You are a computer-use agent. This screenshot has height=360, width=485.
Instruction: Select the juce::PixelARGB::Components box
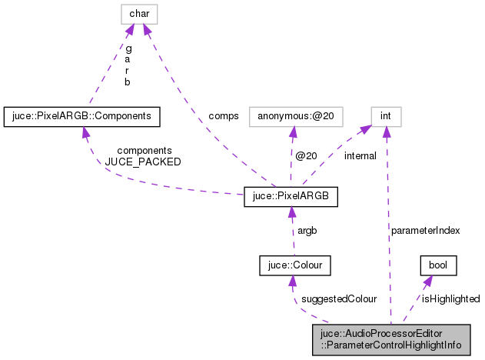tap(81, 116)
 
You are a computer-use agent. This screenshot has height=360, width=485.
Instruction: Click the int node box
tap(386, 116)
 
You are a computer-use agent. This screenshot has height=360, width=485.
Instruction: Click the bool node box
tap(438, 265)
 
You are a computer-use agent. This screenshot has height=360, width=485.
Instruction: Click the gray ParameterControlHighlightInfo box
tap(397, 339)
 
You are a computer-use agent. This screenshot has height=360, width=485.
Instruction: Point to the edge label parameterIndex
tap(425, 230)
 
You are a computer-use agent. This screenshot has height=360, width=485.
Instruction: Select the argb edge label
tap(308, 230)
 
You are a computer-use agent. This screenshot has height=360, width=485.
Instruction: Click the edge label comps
tap(223, 116)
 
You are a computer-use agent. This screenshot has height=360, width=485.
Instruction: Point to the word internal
tap(360, 156)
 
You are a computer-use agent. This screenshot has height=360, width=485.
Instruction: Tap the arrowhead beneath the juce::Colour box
tap(292, 282)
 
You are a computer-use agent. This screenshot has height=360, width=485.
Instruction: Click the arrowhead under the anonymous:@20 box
tap(291, 132)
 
